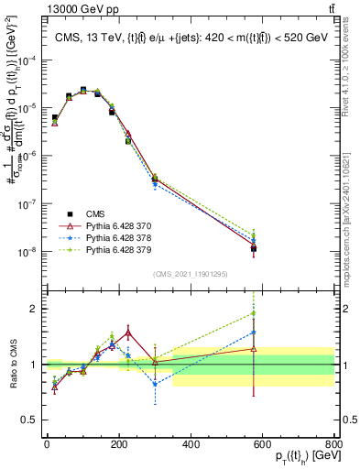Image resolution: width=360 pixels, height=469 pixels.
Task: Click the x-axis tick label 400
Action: point(191,443)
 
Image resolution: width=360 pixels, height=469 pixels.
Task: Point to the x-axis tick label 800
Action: point(333,443)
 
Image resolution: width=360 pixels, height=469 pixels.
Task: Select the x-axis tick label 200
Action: point(118,443)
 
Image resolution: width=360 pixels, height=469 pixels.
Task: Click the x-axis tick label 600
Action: point(262,443)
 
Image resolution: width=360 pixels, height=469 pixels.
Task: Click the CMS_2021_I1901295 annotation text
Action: point(190,274)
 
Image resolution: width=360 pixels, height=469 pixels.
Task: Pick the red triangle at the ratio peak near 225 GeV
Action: point(128,332)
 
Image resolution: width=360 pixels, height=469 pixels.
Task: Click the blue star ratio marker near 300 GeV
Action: point(155,384)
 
